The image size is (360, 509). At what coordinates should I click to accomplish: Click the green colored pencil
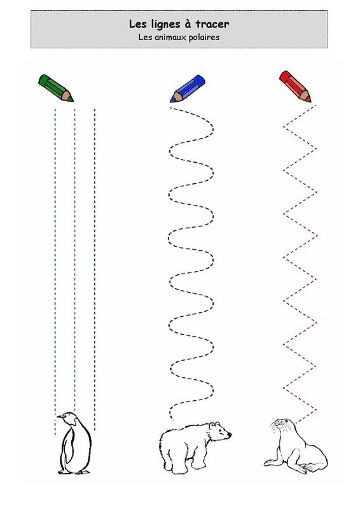pos(55,88)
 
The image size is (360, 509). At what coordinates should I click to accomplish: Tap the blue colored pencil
pos(188,88)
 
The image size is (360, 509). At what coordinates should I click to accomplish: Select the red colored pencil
pos(294,86)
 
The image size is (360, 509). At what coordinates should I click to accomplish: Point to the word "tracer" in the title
pos(212,24)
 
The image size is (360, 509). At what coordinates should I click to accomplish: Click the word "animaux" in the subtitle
pos(170,38)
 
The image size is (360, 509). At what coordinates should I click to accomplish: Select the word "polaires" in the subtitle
pos(205,38)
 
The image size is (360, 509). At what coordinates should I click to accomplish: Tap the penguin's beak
pos(60,416)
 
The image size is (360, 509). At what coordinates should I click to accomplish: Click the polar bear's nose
pos(230,434)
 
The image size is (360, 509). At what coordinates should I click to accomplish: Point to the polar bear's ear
pos(212,425)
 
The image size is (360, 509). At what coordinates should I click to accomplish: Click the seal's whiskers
pos(275,429)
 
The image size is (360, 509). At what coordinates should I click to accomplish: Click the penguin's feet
pos(74,471)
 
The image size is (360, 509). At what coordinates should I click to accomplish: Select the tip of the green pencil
pos(73,101)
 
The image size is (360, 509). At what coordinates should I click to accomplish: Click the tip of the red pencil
pos(310,102)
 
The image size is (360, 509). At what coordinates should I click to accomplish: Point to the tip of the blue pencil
pos(170,102)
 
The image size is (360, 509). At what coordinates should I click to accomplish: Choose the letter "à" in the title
pos(188,24)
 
